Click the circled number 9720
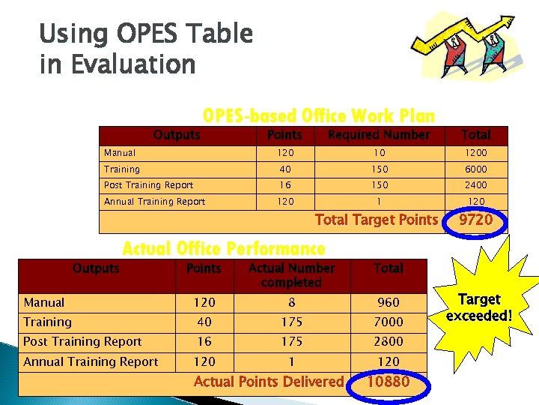(476, 220)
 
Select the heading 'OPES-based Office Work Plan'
(319, 116)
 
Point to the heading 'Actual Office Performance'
(224, 248)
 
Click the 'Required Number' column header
(380, 135)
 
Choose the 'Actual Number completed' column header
(291, 275)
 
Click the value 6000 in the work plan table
(475, 169)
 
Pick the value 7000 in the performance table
(388, 322)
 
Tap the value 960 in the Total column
(388, 302)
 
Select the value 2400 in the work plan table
(475, 185)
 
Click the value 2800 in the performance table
(388, 341)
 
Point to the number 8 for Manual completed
(291, 302)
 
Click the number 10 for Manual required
(380, 153)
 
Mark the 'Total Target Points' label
(376, 220)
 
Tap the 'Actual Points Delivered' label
(268, 382)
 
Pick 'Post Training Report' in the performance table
(82, 341)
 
